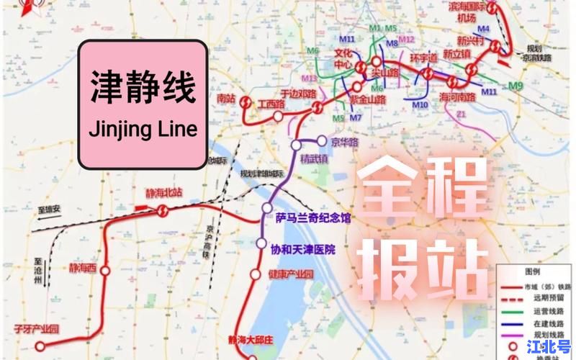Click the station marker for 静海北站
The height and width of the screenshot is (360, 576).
163,210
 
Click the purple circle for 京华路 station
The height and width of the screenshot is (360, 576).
322,141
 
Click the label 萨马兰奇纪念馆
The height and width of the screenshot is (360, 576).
312,217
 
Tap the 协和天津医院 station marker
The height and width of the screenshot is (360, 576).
261,243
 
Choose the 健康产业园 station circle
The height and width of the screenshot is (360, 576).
254,274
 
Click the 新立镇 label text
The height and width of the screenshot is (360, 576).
456,54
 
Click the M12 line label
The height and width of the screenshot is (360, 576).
407,39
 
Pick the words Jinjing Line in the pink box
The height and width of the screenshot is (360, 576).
142,130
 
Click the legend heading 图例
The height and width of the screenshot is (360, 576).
533,272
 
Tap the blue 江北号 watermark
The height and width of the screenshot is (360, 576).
549,347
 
